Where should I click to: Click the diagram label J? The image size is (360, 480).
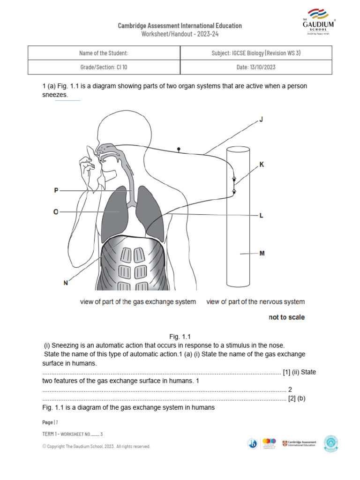261,120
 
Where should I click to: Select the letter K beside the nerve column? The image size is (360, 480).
262,165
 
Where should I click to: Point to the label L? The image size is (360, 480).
261,216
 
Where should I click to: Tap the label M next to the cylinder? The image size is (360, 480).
262,254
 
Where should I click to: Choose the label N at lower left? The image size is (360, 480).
65,283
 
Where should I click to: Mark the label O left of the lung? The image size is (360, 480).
56,212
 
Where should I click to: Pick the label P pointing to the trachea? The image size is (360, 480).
56,190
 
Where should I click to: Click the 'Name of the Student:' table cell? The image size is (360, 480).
104,53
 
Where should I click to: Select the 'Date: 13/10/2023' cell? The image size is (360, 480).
256,67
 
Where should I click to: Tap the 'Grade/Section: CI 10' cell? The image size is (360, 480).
104,67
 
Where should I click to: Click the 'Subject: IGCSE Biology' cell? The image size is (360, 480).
256,53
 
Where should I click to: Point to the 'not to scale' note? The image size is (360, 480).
286,317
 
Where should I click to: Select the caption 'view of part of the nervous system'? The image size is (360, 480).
255,302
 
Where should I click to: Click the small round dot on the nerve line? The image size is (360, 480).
178,149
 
